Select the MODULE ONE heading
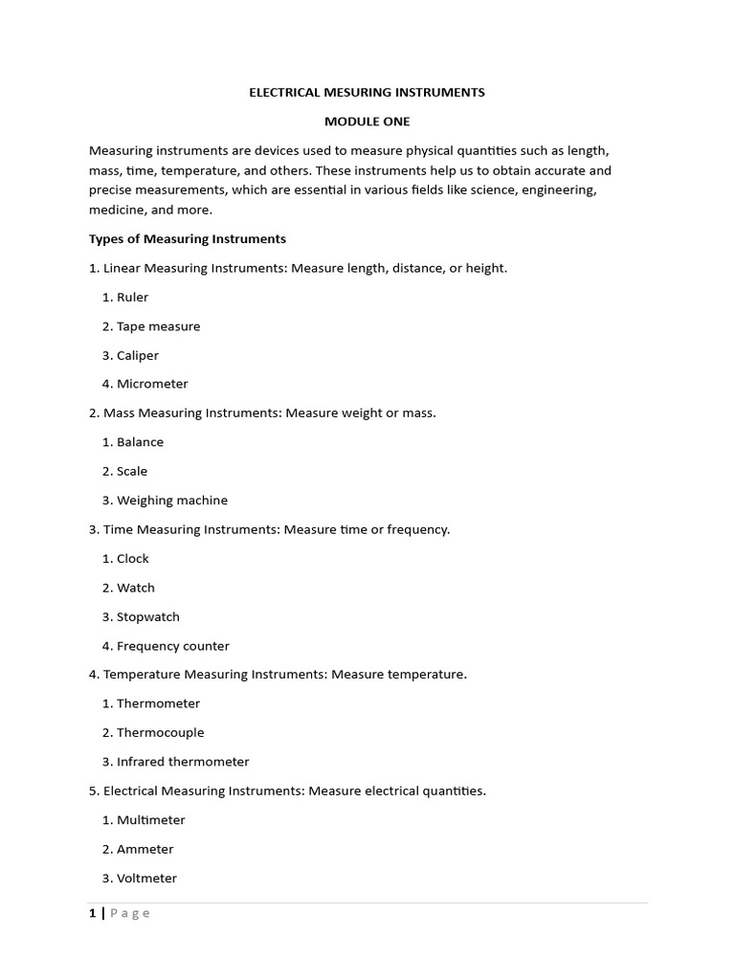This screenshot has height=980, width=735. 367,122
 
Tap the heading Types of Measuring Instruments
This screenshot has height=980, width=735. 188,238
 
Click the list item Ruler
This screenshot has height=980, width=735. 132,297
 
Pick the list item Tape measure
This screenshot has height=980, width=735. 158,326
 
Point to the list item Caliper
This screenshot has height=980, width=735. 137,355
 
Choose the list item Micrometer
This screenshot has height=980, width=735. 152,384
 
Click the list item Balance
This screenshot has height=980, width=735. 140,442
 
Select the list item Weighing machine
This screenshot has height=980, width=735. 171,500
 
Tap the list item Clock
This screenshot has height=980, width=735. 132,558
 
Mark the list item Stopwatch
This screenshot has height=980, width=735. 147,616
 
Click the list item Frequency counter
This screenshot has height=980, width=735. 172,646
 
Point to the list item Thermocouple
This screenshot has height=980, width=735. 160,732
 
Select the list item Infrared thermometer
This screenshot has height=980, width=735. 182,762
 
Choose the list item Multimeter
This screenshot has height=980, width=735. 150,819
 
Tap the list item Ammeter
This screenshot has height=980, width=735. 145,849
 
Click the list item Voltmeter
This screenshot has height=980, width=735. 146,878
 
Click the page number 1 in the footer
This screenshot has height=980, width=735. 93,913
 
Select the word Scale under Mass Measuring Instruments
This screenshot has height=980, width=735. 132,471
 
